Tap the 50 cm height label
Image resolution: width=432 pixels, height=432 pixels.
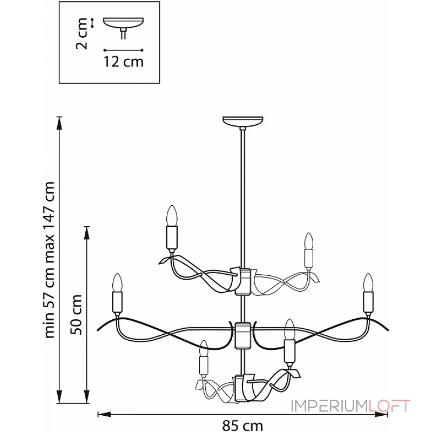[x=79, y=314]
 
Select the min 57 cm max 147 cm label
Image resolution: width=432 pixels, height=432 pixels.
[x=50, y=259]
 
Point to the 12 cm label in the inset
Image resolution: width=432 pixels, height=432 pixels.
[x=123, y=62]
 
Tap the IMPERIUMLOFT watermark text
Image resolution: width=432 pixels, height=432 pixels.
[x=351, y=406]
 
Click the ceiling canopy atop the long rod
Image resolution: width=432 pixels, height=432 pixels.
[x=244, y=121]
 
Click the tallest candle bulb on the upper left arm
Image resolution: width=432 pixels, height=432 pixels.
[x=172, y=215]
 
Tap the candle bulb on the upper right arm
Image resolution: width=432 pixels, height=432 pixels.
[x=308, y=240]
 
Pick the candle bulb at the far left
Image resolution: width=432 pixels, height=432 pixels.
[x=117, y=282]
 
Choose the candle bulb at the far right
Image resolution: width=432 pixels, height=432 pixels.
[x=368, y=282]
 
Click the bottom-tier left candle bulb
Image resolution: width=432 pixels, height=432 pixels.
[x=204, y=349]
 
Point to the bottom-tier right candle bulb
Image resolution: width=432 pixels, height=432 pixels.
[x=290, y=327]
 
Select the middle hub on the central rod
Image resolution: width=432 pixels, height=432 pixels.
[x=244, y=334]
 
